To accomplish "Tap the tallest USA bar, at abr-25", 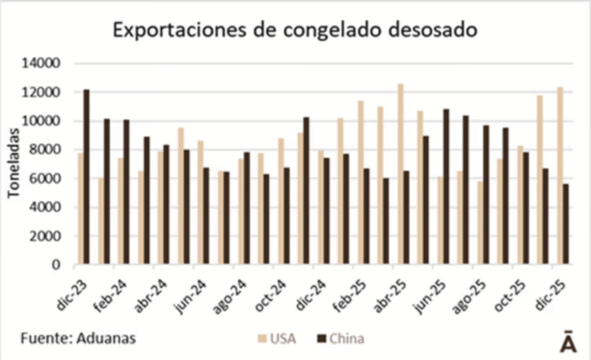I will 401,174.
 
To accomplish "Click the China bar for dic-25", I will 565,224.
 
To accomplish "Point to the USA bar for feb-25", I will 361,183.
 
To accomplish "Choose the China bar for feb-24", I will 126,192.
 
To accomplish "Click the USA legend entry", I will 277,339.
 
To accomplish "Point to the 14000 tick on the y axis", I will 41,64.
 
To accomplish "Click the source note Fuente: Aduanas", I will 78,339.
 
